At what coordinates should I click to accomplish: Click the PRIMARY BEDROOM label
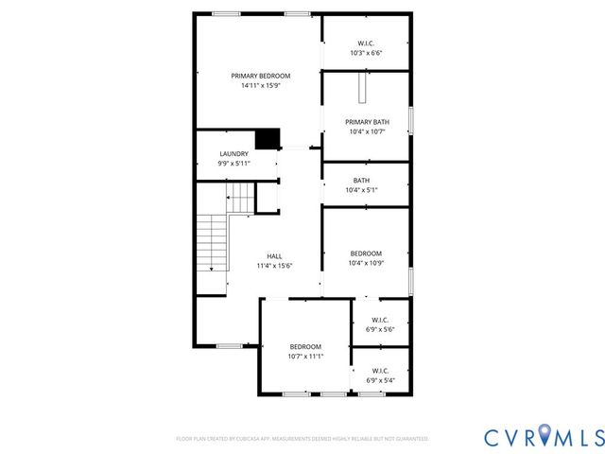261,76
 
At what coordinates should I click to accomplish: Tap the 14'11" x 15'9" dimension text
261,86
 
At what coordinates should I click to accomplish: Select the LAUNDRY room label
234,153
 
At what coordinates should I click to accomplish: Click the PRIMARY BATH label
367,122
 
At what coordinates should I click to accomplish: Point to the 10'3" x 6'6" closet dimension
367,53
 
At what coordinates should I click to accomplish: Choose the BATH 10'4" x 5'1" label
362,181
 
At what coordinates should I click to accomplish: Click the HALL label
274,256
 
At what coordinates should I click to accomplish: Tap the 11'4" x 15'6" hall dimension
274,266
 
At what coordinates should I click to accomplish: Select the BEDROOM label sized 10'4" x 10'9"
366,253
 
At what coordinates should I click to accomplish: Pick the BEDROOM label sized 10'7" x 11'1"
305,346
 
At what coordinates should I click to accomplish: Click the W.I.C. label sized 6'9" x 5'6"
380,320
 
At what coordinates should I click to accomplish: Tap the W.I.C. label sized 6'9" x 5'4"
380,371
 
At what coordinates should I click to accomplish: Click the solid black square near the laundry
269,139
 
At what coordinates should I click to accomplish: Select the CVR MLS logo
544,436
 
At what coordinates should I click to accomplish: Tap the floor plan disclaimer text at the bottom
302,439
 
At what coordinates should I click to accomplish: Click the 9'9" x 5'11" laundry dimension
234,164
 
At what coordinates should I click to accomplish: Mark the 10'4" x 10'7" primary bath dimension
367,131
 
